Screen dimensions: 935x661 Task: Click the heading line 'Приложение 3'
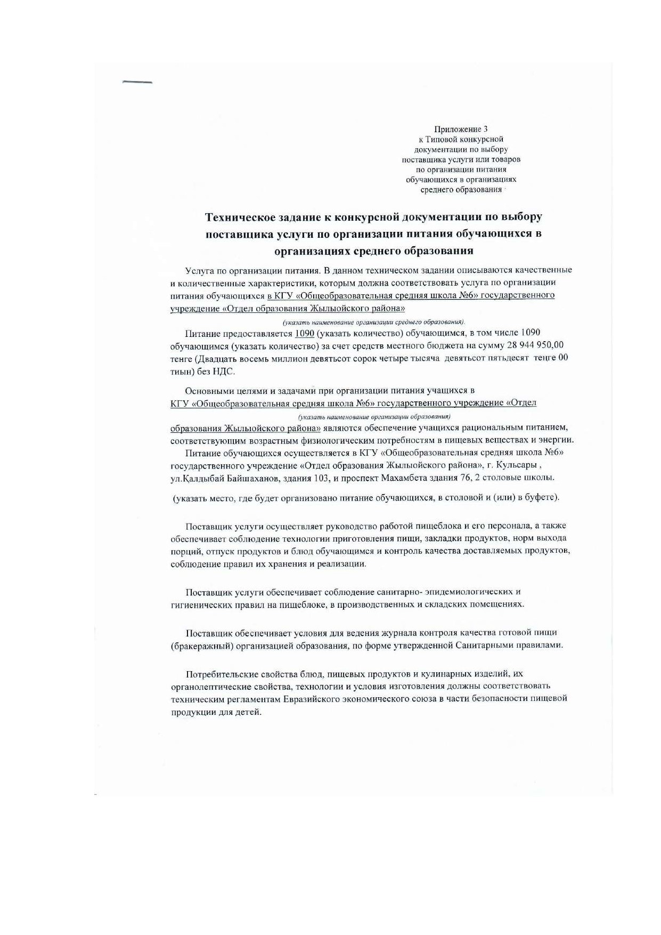click(x=461, y=129)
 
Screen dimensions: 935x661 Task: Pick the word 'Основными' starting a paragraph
click(x=209, y=391)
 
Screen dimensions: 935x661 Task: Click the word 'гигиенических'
click(x=197, y=604)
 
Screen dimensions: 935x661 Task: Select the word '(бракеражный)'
click(x=196, y=646)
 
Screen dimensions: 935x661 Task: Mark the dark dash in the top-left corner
click(x=137, y=83)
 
